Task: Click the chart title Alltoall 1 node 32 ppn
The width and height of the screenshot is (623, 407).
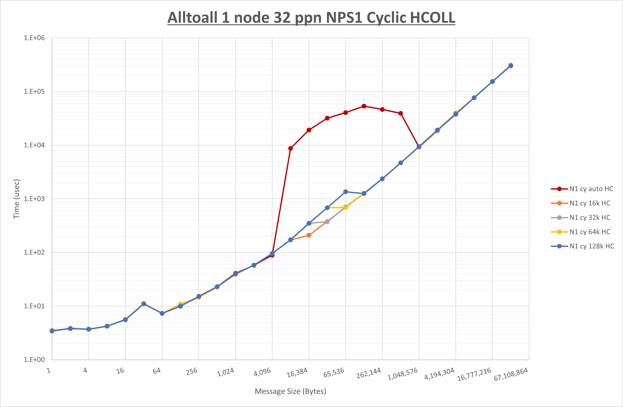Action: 311,18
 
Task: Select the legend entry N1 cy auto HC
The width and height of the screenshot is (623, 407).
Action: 591,189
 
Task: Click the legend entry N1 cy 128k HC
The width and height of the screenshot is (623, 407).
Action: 592,246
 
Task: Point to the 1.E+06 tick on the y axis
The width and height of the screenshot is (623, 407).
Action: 34,38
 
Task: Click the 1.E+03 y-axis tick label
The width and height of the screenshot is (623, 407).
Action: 34,199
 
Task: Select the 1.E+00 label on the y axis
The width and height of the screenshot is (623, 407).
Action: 34,360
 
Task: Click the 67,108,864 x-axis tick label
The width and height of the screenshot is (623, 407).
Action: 510,374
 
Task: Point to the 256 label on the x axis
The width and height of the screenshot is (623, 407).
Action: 192,371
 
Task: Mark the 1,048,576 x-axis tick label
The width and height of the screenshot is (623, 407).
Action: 402,374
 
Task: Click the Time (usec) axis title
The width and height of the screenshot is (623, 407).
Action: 16,199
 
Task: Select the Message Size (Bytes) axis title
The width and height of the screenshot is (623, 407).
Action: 290,391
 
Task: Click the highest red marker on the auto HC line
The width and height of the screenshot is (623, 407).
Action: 364,106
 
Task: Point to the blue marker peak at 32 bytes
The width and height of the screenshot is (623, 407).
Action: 144,304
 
